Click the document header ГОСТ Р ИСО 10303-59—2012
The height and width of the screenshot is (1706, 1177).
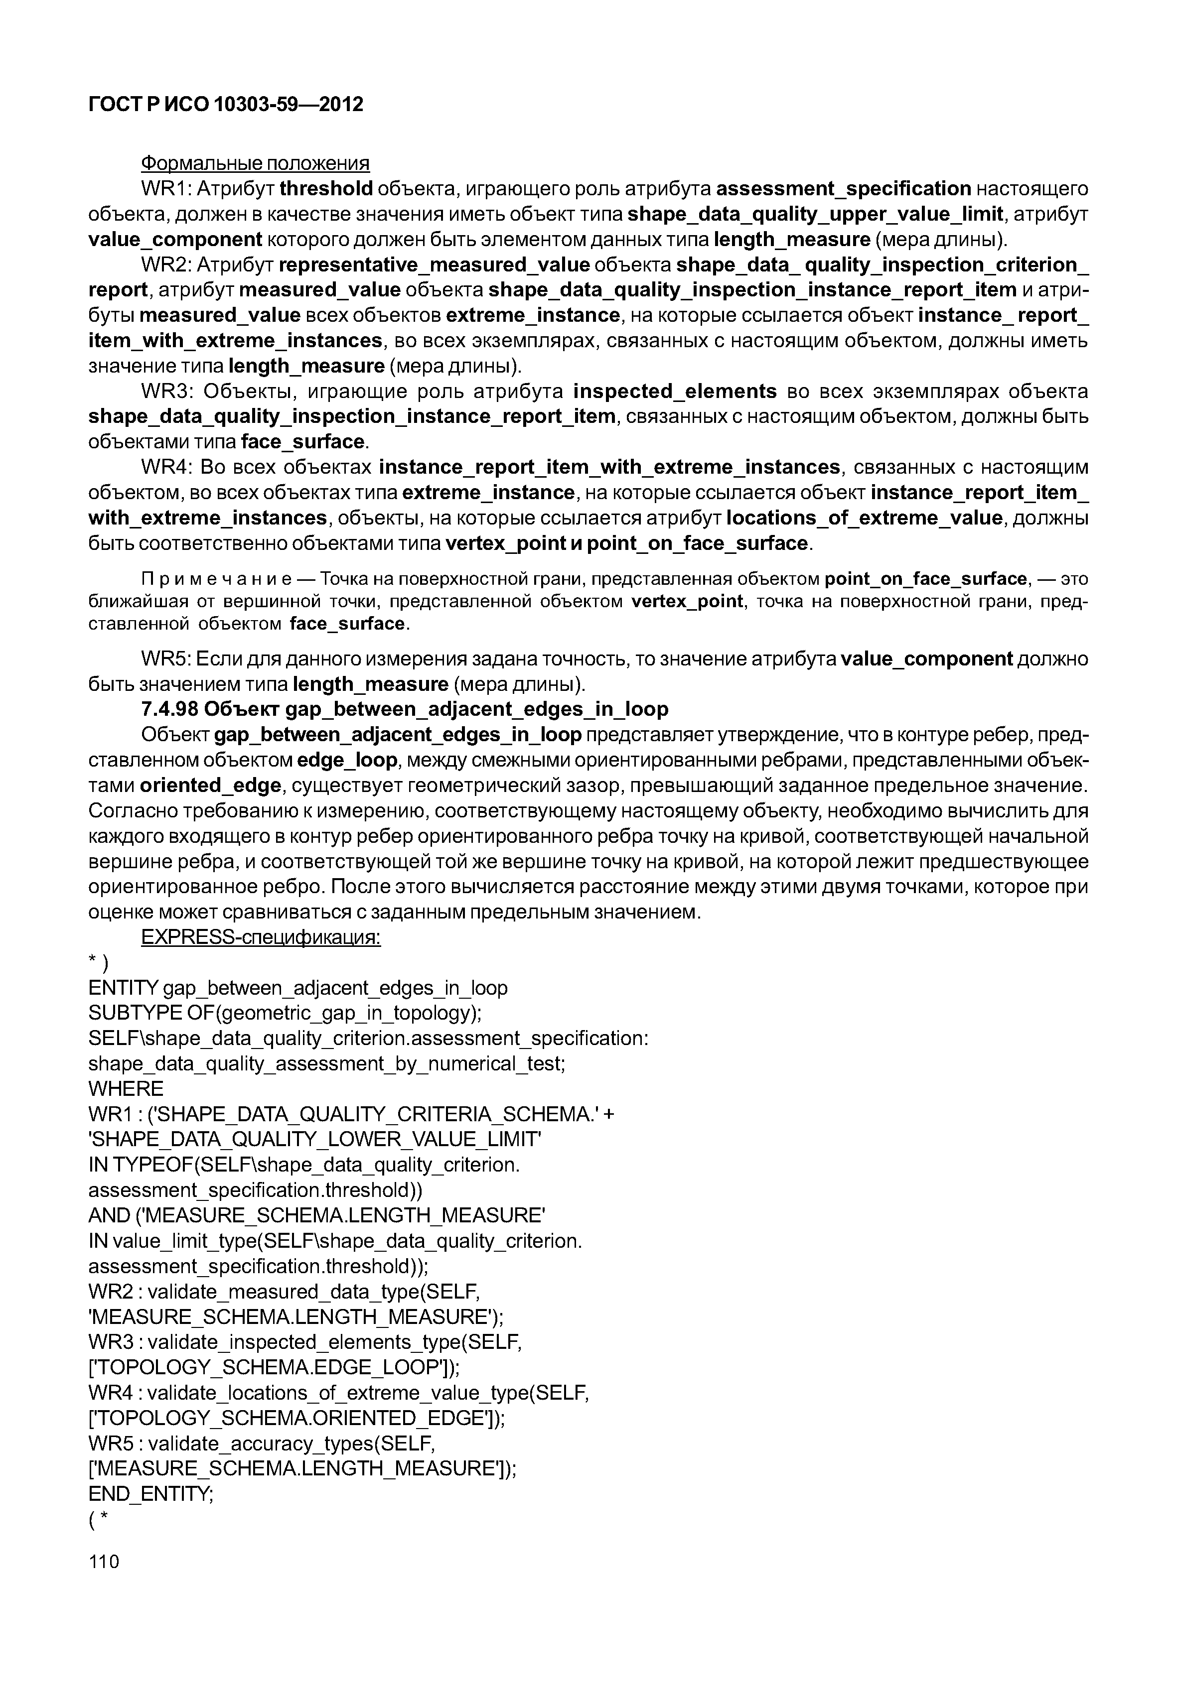[x=226, y=105]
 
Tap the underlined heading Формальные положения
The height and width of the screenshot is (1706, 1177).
[x=255, y=163]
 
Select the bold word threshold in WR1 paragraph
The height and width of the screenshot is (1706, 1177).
[x=326, y=189]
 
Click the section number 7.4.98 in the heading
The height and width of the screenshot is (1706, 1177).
[x=169, y=709]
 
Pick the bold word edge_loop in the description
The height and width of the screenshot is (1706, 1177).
[x=347, y=760]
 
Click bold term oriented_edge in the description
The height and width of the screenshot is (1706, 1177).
[x=210, y=786]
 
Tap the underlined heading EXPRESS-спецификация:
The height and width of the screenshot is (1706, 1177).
[x=260, y=938]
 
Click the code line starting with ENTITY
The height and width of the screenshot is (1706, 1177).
[x=298, y=988]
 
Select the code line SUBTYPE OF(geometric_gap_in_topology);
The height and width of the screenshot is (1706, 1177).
[x=285, y=1013]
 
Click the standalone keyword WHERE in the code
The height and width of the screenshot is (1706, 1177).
[x=126, y=1089]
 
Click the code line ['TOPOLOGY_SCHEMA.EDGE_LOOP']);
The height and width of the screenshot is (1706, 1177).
[x=274, y=1367]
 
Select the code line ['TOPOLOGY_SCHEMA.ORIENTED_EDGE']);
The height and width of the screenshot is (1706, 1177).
[x=296, y=1418]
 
